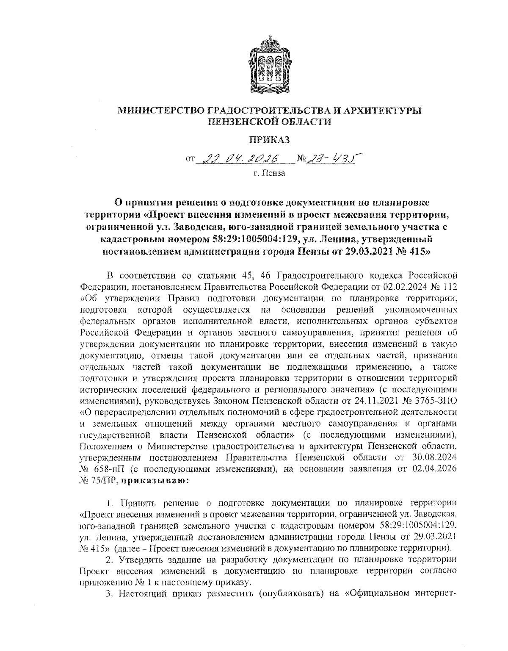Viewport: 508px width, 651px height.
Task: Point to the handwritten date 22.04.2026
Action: (x=240, y=159)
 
